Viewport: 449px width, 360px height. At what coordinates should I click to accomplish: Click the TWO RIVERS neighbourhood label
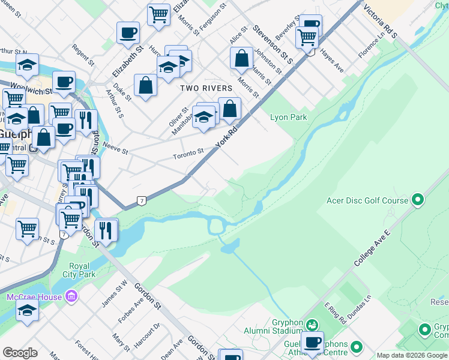coord(206,88)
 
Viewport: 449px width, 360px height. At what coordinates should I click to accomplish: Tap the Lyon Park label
coord(289,117)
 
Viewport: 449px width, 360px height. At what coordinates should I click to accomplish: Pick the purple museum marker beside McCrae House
coord(71,296)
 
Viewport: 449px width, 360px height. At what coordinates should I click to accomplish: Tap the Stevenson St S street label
coord(272,44)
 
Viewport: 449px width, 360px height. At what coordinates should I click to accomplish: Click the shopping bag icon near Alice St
coord(241,58)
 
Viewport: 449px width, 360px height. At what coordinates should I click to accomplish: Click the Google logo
coord(20,353)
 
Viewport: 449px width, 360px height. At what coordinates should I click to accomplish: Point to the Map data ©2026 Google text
coord(412,355)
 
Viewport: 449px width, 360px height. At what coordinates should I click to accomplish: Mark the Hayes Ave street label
coord(331,61)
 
